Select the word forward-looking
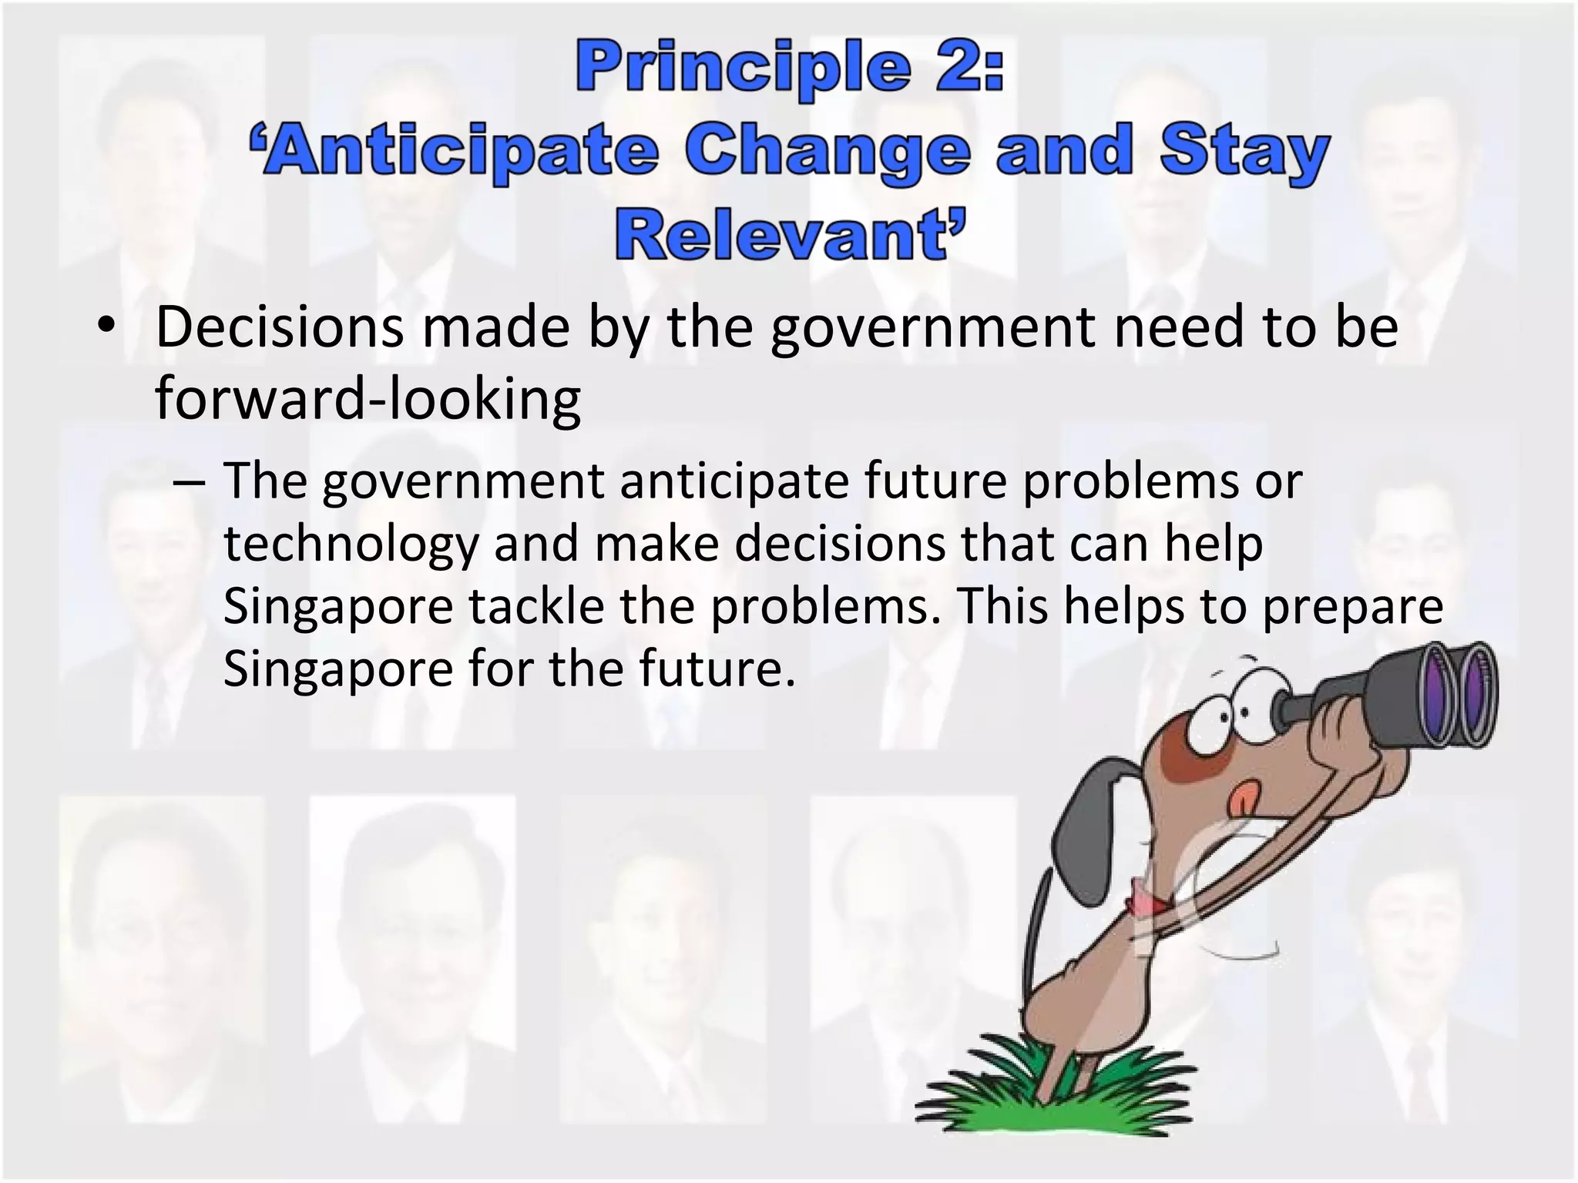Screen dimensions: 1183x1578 coord(368,399)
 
